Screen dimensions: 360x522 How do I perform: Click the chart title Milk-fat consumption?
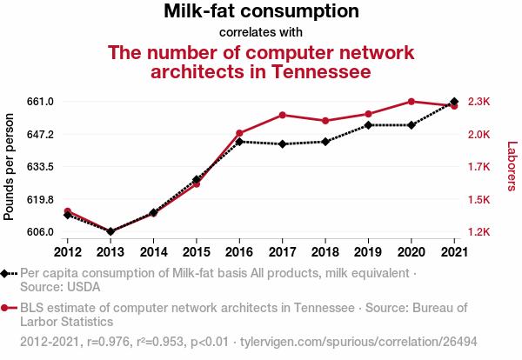pos(261,12)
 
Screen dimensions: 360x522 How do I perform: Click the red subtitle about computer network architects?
pos(261,61)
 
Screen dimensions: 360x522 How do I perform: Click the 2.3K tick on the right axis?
pos(479,102)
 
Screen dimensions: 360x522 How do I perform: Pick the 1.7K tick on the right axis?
pos(479,167)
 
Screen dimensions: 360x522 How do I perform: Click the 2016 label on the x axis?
pos(239,252)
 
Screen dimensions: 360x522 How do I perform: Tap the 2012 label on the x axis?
pos(68,252)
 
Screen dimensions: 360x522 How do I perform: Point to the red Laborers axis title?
pos(512,167)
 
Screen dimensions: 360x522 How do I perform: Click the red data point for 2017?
pos(283,115)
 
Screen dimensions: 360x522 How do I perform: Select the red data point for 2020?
pos(412,102)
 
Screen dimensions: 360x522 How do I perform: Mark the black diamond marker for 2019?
pos(368,125)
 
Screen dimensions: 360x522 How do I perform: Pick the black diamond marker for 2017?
pos(283,143)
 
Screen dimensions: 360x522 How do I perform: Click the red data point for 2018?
pos(325,121)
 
